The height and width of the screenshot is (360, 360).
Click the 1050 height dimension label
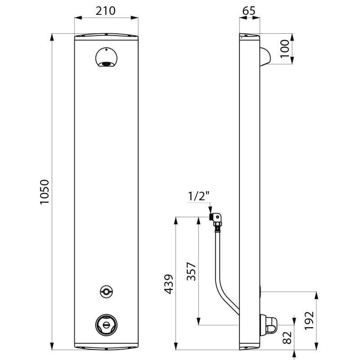click(44, 192)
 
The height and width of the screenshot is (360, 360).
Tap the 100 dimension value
click(283, 49)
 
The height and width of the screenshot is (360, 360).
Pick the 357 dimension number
click(190, 271)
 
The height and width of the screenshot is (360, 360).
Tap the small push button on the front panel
click(106, 292)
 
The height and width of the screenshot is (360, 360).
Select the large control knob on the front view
click(106, 323)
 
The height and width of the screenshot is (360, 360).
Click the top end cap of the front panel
click(106, 36)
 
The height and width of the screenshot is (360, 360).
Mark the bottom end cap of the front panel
click(106, 347)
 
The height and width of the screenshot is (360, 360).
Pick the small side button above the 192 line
click(261, 292)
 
